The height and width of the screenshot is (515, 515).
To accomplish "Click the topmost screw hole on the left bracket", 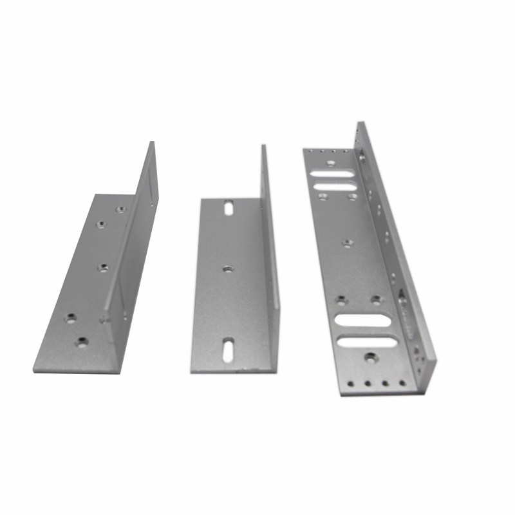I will (120, 209).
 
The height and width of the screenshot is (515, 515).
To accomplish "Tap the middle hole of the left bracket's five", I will (103, 268).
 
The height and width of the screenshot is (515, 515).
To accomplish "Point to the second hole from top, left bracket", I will (100, 224).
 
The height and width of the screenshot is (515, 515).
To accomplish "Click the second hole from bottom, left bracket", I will (70, 317).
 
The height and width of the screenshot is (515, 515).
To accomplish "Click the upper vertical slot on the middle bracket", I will (229, 208).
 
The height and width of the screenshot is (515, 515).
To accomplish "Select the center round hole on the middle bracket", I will (228, 268).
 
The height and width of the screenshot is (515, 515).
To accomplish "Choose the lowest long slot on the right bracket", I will (367, 342).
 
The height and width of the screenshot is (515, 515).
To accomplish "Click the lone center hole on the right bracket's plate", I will (347, 243).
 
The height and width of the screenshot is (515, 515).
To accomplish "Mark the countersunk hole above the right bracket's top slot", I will (330, 164).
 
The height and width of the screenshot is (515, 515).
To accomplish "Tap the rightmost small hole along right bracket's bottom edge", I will (402, 383).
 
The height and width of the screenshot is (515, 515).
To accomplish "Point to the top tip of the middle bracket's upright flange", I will (263, 146).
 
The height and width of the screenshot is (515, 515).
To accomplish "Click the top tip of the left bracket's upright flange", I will (152, 143).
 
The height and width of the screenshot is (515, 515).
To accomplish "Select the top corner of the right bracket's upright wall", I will (360, 123).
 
